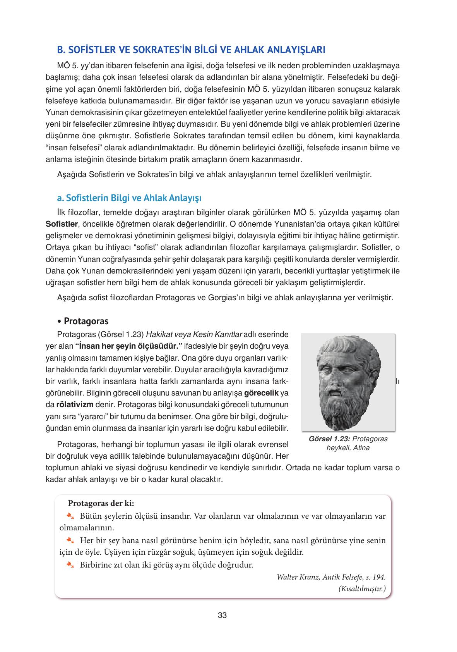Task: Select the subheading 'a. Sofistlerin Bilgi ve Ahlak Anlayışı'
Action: (129, 198)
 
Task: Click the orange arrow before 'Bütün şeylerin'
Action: (70, 516)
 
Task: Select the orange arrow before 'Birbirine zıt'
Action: (70, 564)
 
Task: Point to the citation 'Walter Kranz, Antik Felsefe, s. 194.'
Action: (331, 577)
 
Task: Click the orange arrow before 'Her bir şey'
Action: (70, 540)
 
